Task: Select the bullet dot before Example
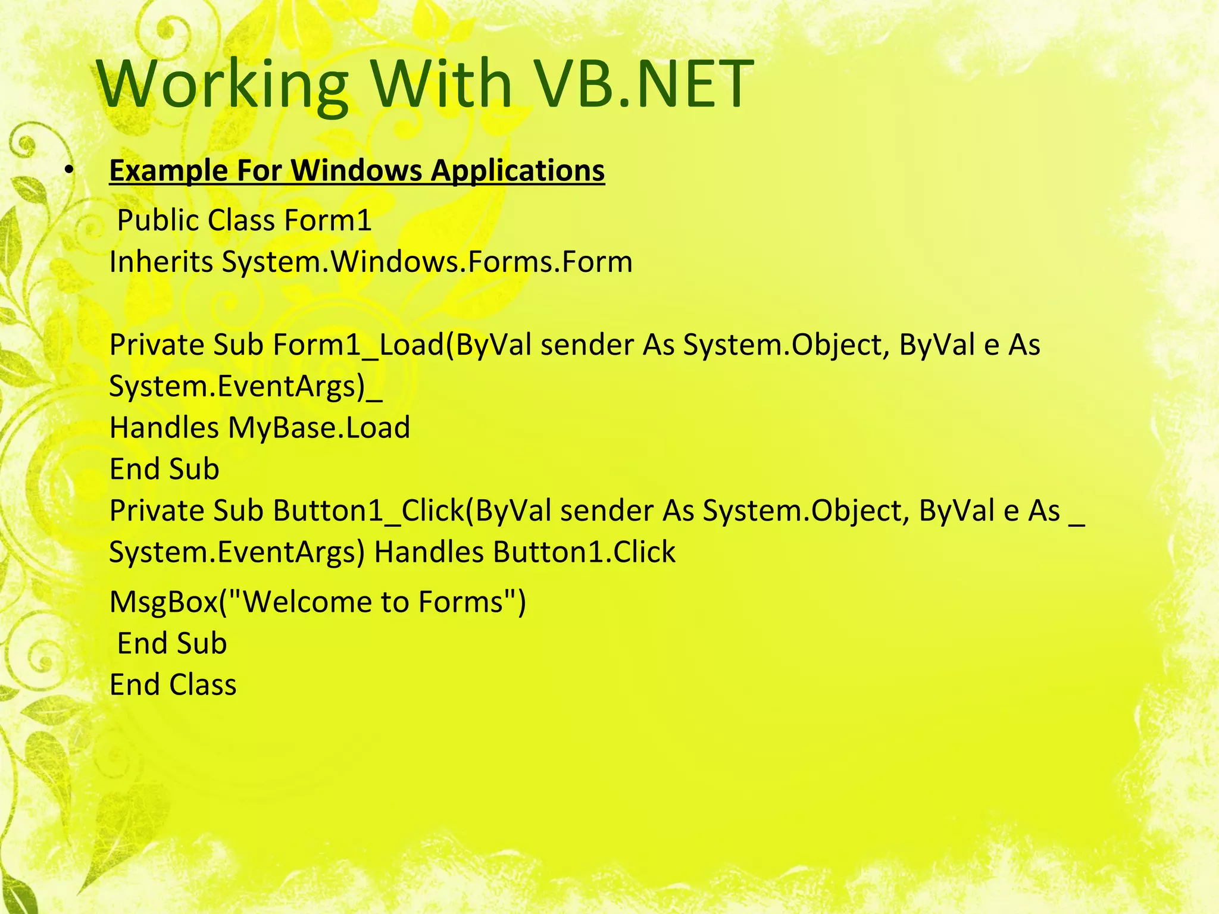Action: tap(69, 171)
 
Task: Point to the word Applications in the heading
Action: tap(517, 171)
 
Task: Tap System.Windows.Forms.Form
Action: tap(427, 262)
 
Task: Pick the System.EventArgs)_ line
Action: tap(246, 387)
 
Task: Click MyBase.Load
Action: tap(319, 428)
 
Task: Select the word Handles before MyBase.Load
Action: tap(164, 428)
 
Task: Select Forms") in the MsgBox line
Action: tap(472, 602)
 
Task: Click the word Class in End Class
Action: tap(202, 685)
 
